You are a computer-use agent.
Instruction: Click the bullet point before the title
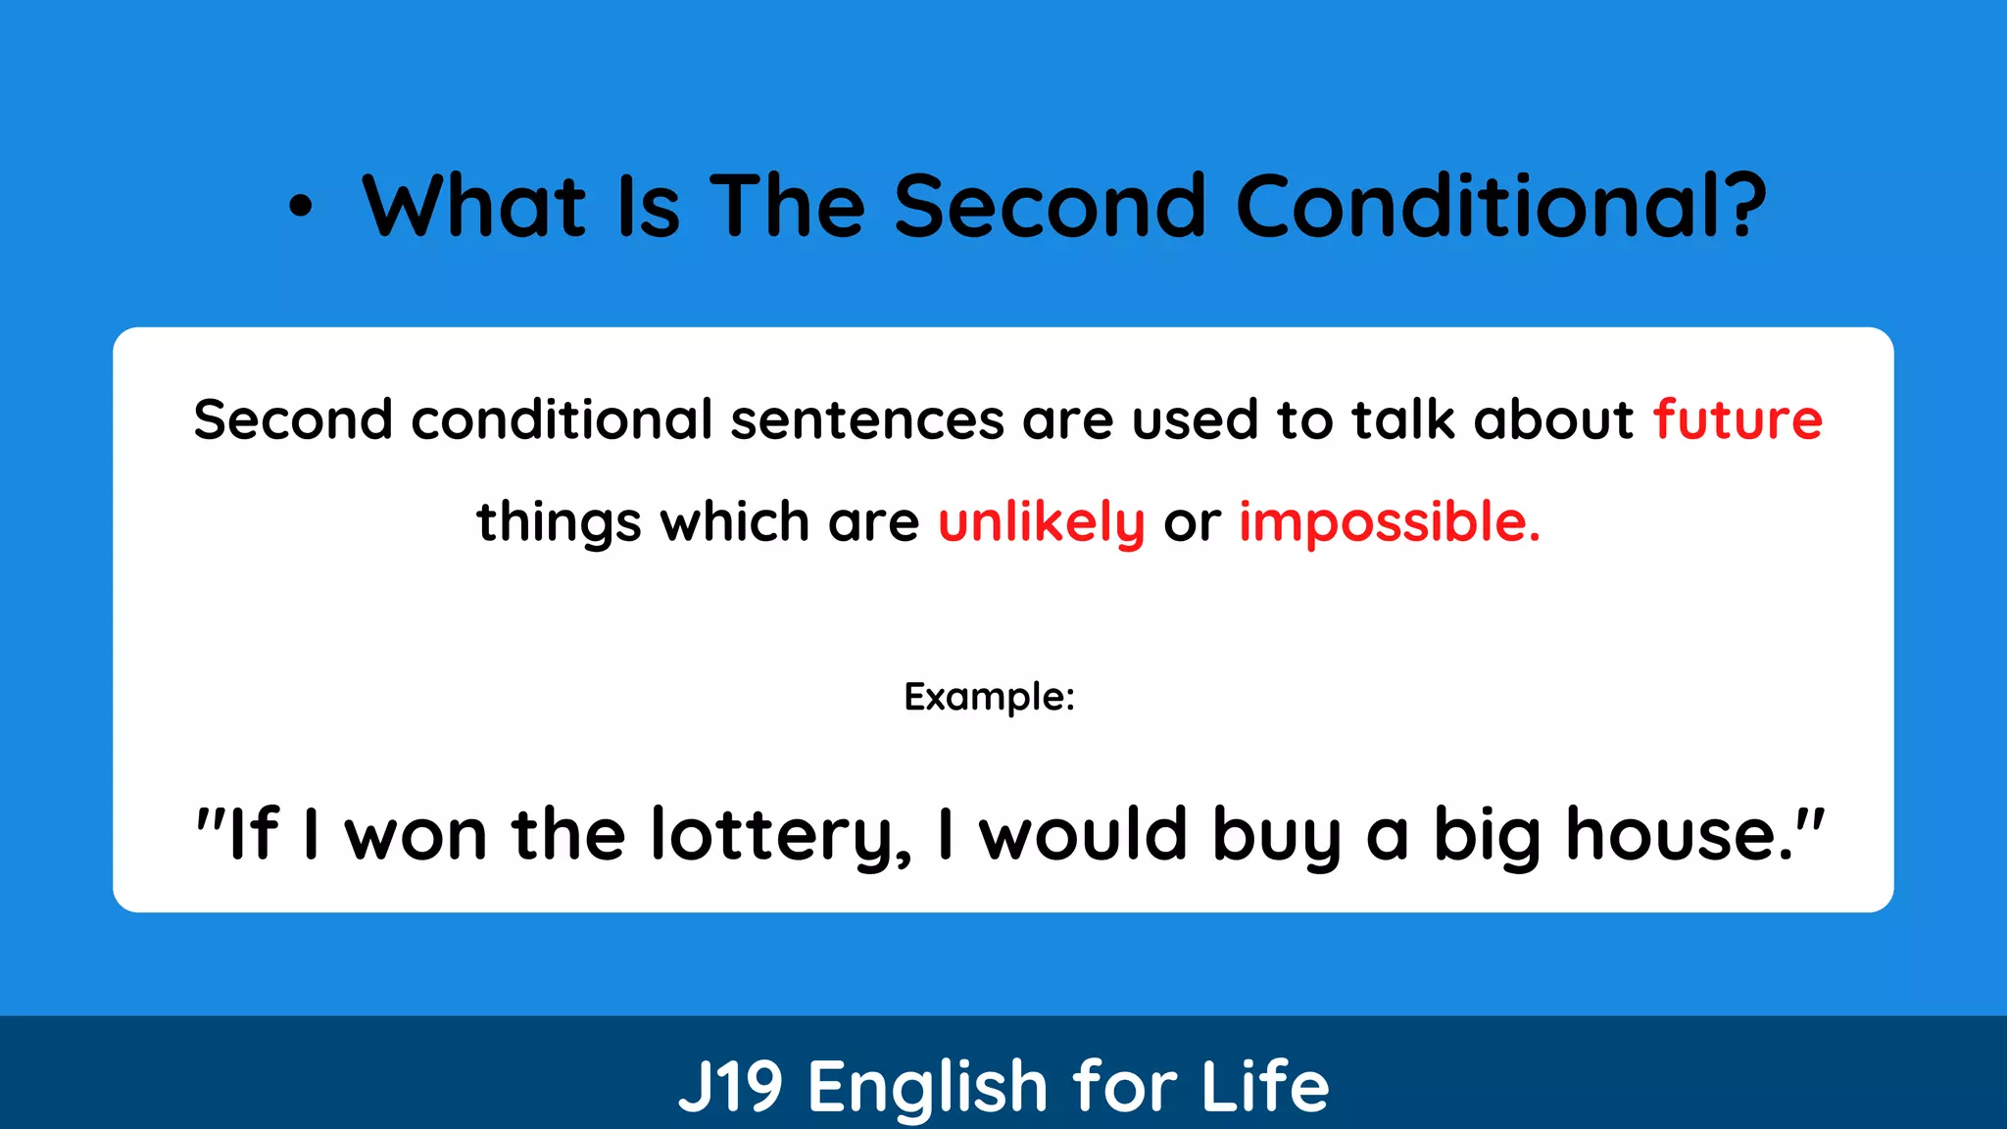301,206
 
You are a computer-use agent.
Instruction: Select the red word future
1738,419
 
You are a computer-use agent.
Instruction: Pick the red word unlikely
1041,521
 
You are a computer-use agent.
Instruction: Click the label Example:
989,697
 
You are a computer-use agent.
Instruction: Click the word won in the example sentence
416,835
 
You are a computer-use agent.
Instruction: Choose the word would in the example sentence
1085,835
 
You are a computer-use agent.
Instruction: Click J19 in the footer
730,1086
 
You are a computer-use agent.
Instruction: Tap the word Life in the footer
1264,1086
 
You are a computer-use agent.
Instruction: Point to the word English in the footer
928,1086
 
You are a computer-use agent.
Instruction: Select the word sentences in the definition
867,419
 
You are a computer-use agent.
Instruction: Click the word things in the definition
559,521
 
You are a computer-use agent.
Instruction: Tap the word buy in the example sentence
1276,835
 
